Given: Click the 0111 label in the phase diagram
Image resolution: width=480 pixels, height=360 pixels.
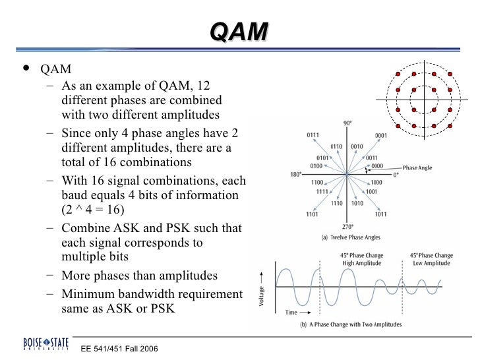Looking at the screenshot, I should tap(313, 135).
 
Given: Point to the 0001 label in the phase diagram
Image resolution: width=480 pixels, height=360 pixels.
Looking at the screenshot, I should tap(380, 135).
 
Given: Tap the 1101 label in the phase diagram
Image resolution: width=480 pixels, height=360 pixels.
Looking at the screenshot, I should tap(313, 214).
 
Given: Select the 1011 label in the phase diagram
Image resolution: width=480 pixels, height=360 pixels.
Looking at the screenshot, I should tap(380, 214).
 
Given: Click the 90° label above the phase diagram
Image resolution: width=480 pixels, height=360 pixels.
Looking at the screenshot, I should tap(347, 123).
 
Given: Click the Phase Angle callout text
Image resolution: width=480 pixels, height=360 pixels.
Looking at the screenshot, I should tap(417, 168).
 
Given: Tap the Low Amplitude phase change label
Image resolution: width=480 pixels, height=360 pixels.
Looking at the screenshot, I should tap(431, 259).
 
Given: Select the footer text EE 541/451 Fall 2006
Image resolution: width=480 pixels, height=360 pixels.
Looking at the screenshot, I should tap(119, 347).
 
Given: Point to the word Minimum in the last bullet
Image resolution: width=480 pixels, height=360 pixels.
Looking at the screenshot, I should tap(87, 293).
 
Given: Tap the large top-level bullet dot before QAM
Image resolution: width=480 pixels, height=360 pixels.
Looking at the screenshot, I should tap(25, 69).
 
